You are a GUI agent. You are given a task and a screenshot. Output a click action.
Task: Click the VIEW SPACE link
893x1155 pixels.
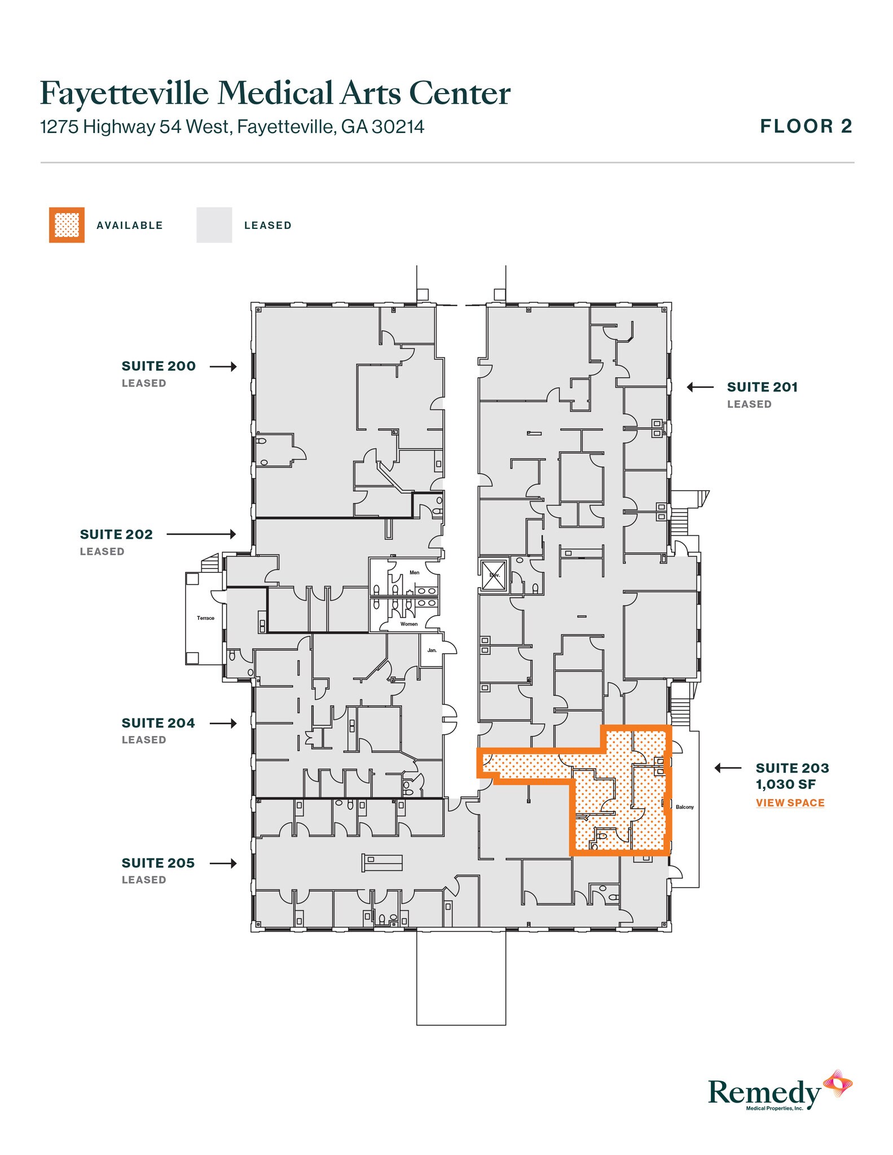790,803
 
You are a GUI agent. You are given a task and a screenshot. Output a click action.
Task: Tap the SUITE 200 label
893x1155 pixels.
159,366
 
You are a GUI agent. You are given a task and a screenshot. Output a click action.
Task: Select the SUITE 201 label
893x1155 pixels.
762,387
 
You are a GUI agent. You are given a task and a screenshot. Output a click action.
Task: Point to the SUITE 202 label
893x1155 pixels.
116,534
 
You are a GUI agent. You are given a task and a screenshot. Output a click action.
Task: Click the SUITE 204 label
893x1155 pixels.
158,723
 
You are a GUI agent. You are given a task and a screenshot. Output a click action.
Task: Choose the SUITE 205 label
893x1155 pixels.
158,863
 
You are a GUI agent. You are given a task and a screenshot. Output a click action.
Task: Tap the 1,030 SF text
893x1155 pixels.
786,784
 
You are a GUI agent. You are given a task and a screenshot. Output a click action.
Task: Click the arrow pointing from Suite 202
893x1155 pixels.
201,534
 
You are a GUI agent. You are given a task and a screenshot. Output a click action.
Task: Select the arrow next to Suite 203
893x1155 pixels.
728,768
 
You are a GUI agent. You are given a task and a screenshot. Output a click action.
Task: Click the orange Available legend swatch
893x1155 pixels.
67,225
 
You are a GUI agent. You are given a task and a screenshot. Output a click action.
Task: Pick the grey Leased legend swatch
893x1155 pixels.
214,225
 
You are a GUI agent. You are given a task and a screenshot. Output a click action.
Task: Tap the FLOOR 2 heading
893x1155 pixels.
806,126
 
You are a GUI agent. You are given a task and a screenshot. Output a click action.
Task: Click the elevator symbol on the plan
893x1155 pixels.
494,575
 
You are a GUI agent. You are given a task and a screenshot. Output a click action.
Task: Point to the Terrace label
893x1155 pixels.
205,618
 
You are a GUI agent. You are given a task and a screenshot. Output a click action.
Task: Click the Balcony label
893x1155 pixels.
684,807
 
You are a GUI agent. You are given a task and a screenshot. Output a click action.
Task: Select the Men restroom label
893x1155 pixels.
414,572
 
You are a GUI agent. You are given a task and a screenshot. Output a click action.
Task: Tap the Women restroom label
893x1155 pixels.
409,624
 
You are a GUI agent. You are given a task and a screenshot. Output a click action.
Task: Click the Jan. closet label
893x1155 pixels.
432,650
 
